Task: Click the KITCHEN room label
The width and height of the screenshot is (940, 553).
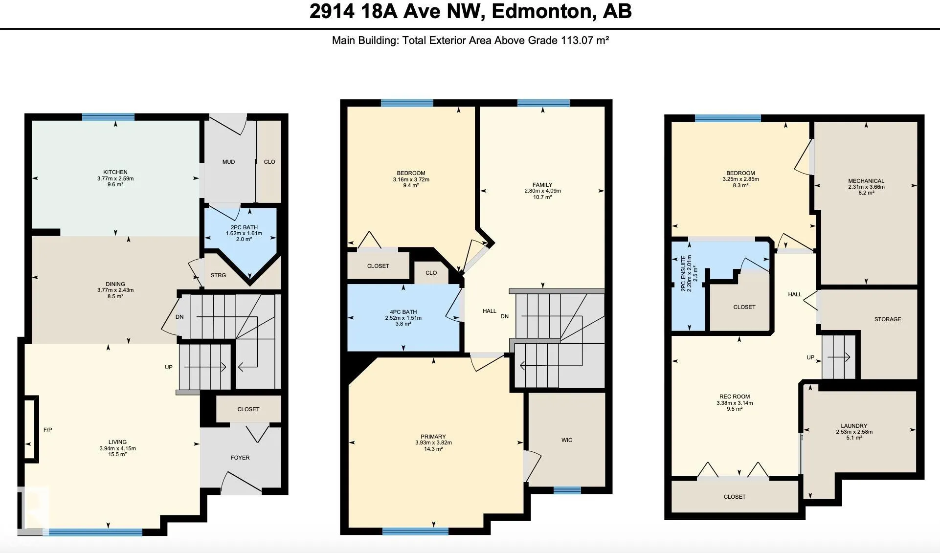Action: pyautogui.click(x=115, y=172)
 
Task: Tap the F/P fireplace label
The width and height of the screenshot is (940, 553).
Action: pyautogui.click(x=48, y=430)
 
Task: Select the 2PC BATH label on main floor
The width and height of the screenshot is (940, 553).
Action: pyautogui.click(x=244, y=227)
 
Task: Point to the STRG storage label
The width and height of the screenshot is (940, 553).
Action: pyautogui.click(x=218, y=275)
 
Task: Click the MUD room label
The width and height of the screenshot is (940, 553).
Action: pyautogui.click(x=228, y=162)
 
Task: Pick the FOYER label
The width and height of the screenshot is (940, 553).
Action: pyautogui.click(x=240, y=458)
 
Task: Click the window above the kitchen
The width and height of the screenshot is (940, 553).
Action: pyautogui.click(x=108, y=117)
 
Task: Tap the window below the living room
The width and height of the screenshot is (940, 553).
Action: pyautogui.click(x=96, y=532)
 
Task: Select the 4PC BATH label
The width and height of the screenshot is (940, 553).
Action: pyautogui.click(x=403, y=312)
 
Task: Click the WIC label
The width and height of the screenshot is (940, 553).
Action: pyautogui.click(x=567, y=440)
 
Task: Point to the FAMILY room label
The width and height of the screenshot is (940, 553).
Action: pyautogui.click(x=542, y=185)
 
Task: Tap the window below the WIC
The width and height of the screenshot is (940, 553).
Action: pyautogui.click(x=567, y=490)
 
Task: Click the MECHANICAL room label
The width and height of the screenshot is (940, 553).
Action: pyautogui.click(x=866, y=181)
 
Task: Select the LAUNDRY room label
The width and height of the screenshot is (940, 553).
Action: pyautogui.click(x=854, y=426)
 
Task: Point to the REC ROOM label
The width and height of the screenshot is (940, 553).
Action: pyautogui.click(x=735, y=397)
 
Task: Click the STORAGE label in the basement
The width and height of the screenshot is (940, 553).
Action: pyautogui.click(x=888, y=319)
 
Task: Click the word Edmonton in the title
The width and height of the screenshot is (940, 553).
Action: pyautogui.click(x=541, y=11)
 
